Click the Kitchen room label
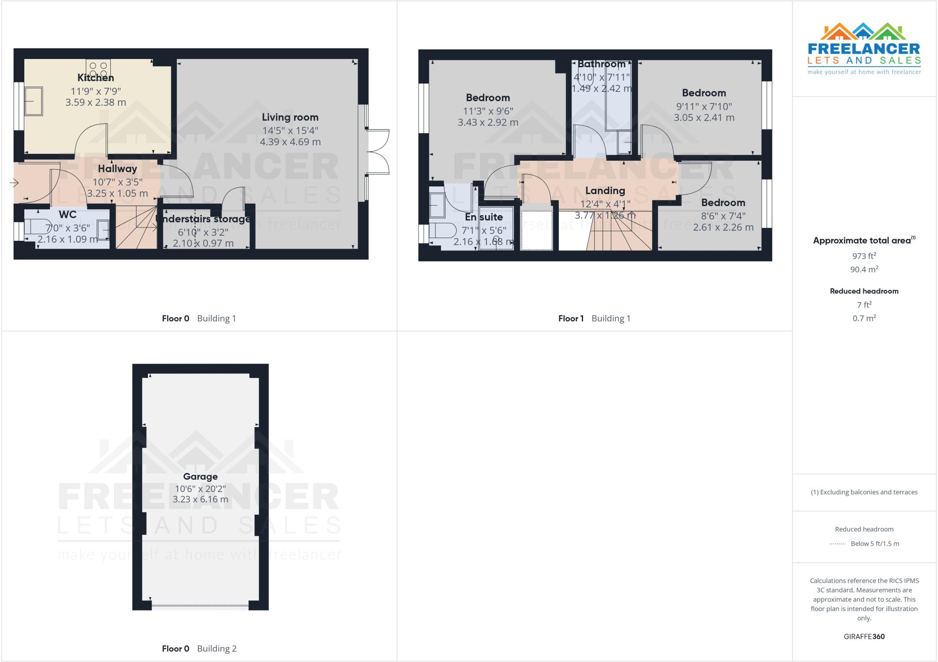tap(95, 77)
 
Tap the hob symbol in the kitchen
tap(98, 69)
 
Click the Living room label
tap(290, 117)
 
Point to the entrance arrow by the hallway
tap(14, 183)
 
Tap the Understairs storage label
tap(203, 219)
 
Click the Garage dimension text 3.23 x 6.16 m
tap(200, 499)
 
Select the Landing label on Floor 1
tap(605, 190)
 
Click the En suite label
tap(484, 217)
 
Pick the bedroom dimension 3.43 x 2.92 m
tap(488, 123)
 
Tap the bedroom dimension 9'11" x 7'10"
tap(703, 106)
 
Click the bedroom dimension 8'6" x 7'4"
tap(723, 216)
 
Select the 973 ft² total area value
tap(864, 256)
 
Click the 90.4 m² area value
tap(864, 270)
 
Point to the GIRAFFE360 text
tap(864, 636)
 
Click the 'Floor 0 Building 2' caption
tap(199, 648)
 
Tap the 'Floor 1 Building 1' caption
tap(594, 318)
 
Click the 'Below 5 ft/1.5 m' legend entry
tap(874, 543)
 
